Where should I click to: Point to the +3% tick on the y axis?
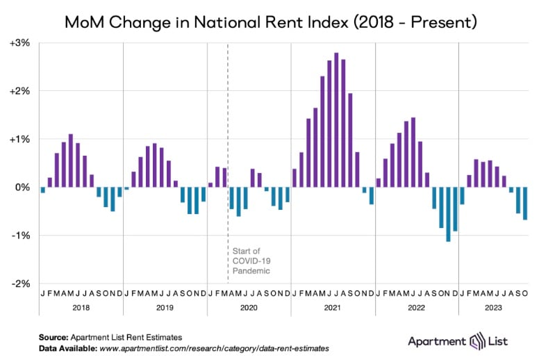(x=19, y=43)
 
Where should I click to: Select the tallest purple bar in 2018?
(x=71, y=161)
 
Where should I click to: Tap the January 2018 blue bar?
(x=43, y=190)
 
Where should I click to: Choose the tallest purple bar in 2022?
(x=413, y=152)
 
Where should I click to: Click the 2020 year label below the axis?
(x=249, y=306)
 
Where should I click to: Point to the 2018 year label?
(x=81, y=306)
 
